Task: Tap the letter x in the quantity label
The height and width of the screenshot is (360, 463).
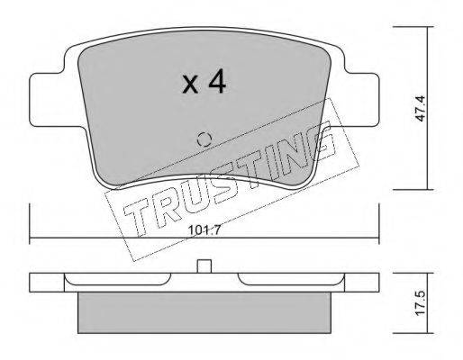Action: click(189, 85)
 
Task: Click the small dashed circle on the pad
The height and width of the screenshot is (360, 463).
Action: click(204, 139)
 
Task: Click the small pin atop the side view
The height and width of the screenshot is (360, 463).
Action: click(204, 266)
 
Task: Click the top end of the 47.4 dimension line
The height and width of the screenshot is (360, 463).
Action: click(424, 27)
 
